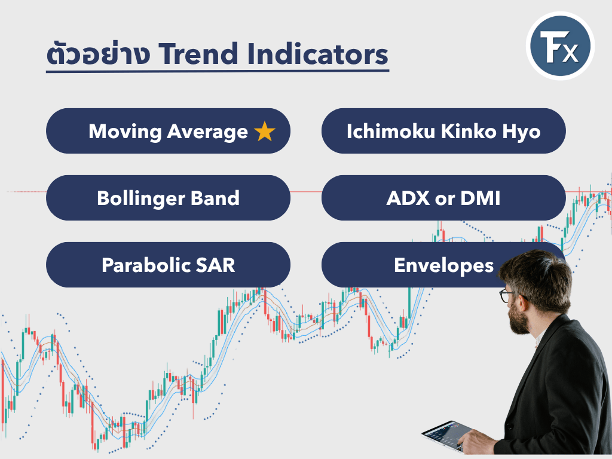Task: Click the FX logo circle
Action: (x=560, y=46)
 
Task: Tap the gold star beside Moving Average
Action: (x=265, y=131)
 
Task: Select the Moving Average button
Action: (x=168, y=131)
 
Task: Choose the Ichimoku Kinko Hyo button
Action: (x=443, y=131)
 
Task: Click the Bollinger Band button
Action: (x=168, y=198)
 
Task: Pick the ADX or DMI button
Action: (x=443, y=198)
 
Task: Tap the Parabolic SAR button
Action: (x=168, y=265)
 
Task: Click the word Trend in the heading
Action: (x=198, y=54)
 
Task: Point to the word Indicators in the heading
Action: (x=318, y=54)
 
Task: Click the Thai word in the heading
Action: (x=98, y=53)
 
